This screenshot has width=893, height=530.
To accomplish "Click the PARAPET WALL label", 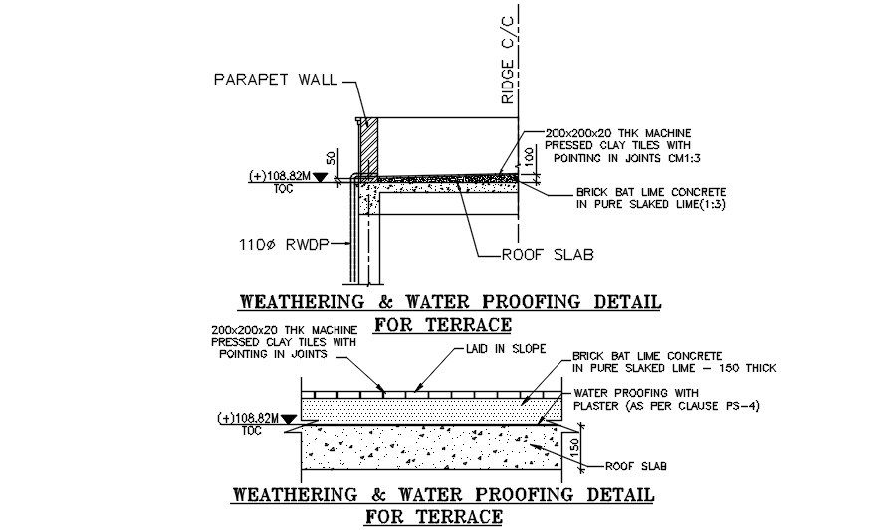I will point(276,80).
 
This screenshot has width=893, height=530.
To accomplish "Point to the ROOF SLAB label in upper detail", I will point(548,255).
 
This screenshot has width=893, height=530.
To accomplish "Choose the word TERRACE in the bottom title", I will point(462,516).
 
